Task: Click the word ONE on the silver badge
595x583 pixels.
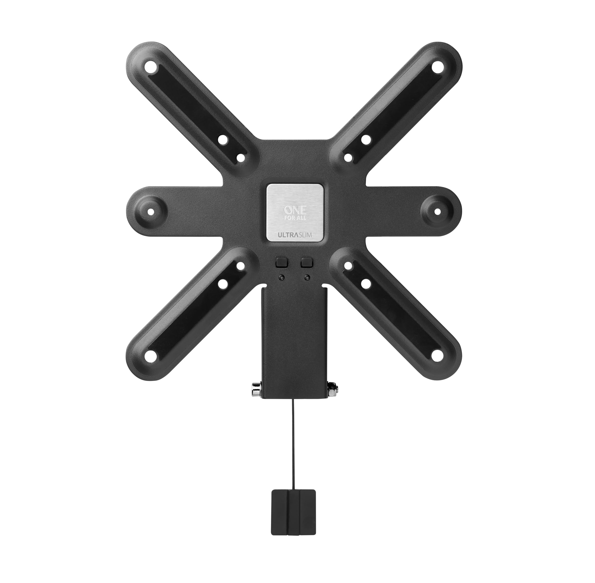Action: coord(295,211)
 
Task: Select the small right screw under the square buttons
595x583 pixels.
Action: coord(307,277)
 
